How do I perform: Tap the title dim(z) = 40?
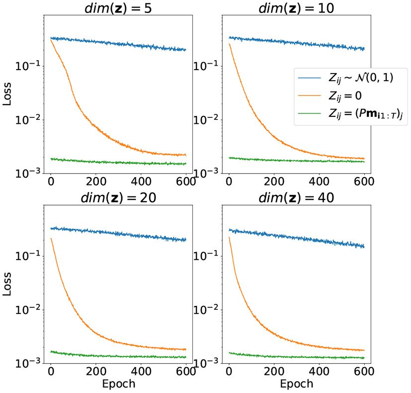click(297, 197)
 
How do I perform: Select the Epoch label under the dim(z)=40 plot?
click(296, 384)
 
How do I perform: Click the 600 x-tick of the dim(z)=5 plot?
click(185, 182)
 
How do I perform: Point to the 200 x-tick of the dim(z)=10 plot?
click(274, 182)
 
